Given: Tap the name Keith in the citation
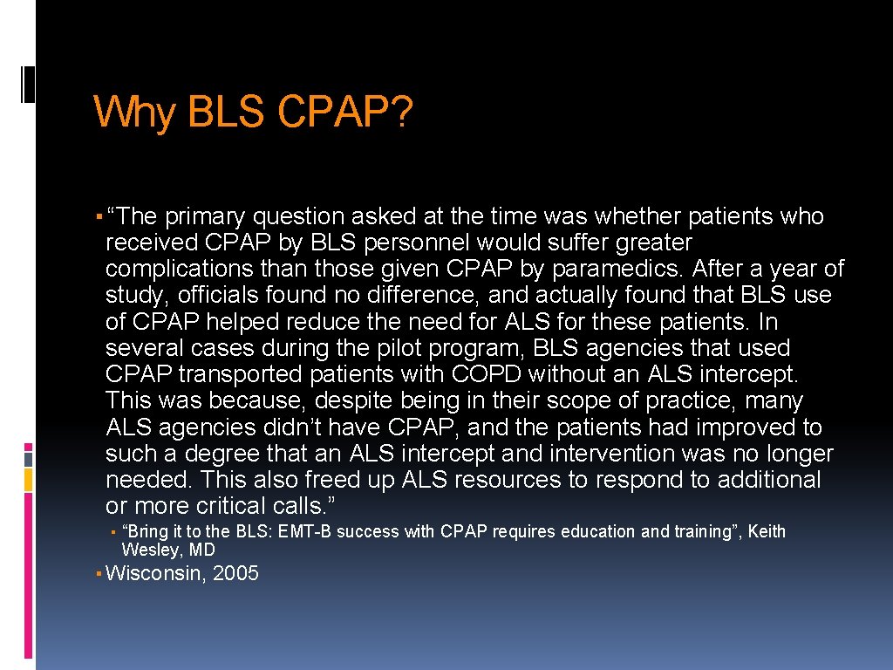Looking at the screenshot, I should pos(767,531).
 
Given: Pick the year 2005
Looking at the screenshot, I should pos(235,574).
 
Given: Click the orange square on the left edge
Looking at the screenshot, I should pos(28,479).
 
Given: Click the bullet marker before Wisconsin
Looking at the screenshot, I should pos(99,574).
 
